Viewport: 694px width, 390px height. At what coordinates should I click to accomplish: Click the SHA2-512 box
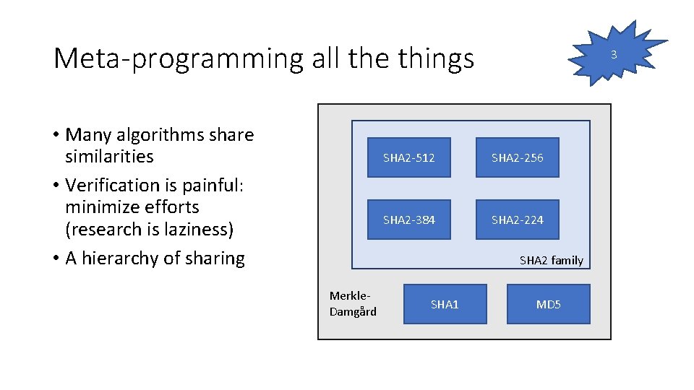point(408,157)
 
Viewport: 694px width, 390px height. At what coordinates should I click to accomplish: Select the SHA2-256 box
point(517,157)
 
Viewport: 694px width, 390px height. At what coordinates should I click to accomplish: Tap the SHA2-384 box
point(408,220)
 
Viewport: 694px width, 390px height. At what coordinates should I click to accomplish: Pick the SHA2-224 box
point(517,220)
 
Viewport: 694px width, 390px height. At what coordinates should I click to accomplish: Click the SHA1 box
point(445,304)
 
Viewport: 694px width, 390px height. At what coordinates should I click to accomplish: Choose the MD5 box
point(548,304)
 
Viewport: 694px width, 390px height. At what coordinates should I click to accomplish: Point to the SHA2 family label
point(551,260)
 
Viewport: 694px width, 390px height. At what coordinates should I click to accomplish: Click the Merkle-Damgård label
point(353,303)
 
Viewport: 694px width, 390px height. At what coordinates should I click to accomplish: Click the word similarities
point(109,156)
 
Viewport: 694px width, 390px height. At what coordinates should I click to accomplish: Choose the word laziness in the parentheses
point(194,229)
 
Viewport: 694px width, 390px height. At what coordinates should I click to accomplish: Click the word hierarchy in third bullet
point(122,258)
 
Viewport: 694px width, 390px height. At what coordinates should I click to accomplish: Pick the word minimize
point(100,207)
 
